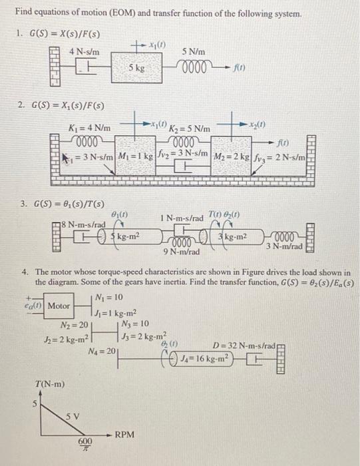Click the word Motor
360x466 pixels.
(59, 306)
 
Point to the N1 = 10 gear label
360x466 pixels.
(108, 297)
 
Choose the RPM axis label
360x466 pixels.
(125, 434)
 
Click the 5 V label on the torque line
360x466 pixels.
(72, 416)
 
